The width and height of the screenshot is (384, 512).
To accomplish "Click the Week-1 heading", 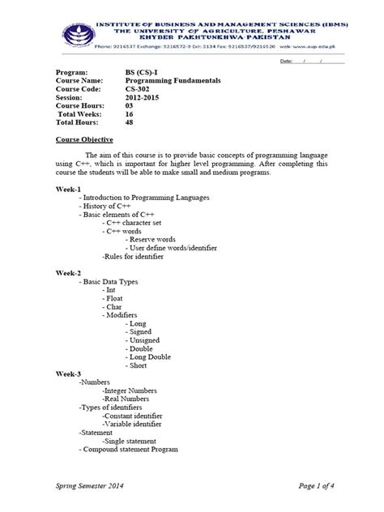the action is (68, 188).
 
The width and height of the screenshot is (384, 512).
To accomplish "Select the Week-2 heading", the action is (68, 273).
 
